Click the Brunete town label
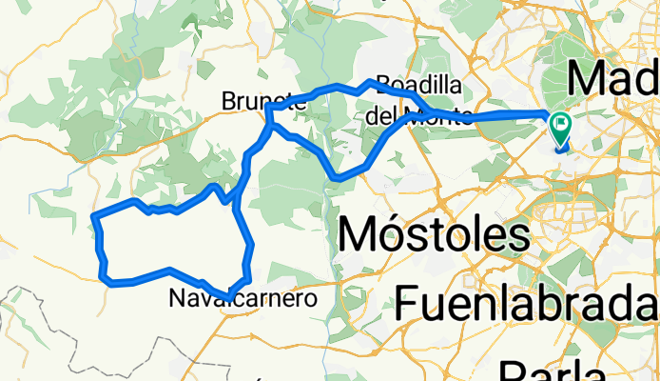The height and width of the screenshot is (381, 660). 253,100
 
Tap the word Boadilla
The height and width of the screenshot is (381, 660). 418,85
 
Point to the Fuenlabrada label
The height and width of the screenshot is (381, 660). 525,303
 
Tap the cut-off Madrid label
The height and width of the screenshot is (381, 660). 613,76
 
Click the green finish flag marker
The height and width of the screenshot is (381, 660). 560,125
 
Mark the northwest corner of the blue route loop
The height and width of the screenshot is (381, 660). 92,218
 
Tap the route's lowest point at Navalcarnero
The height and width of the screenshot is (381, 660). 227,295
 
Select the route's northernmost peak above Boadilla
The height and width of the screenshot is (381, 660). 370,82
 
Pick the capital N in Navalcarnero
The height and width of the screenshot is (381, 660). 176,298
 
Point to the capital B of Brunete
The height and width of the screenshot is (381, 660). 227,100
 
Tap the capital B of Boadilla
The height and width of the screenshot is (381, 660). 383,85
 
